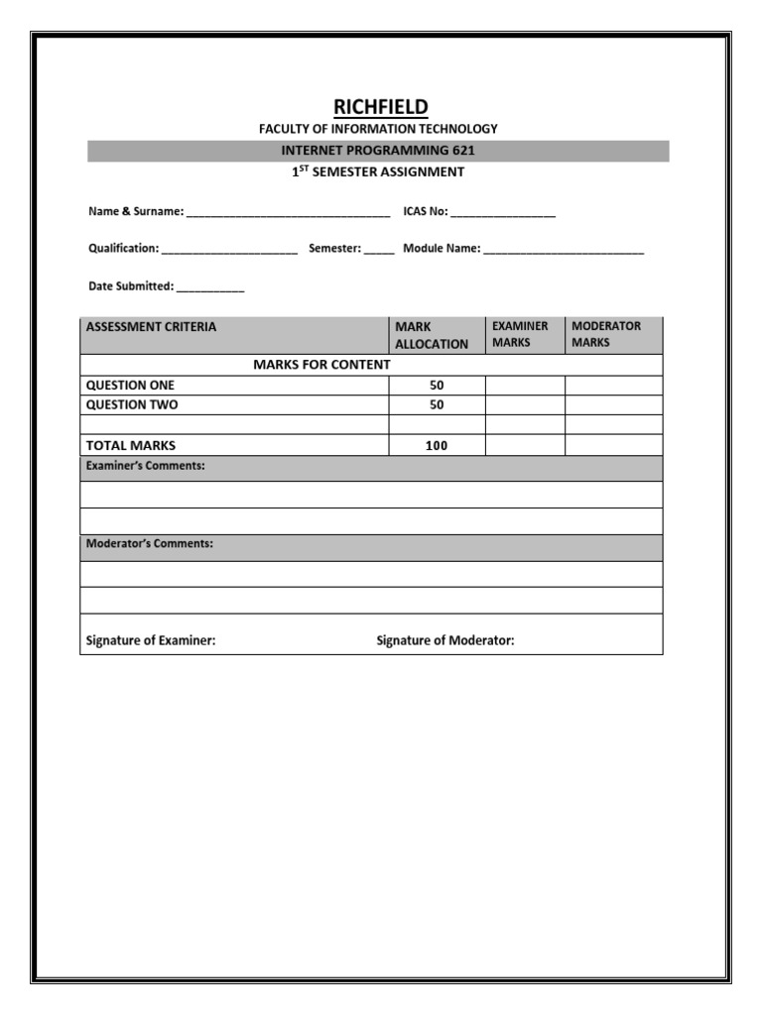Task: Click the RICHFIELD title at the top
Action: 380,107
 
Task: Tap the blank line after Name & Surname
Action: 288,213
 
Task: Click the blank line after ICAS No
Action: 503,213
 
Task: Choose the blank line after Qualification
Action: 229,250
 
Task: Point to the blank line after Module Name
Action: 564,250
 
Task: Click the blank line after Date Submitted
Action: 210,287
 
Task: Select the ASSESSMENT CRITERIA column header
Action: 151,326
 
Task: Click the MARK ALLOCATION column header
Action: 432,335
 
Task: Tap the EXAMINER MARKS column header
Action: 520,334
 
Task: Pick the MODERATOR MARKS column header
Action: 606,334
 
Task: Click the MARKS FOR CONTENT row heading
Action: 321,365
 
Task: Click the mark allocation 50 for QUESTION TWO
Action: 437,405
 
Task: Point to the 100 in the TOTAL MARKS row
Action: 437,446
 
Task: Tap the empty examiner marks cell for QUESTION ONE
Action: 525,386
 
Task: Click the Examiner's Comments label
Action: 146,466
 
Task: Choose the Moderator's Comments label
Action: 150,544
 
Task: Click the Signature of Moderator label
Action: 445,641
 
